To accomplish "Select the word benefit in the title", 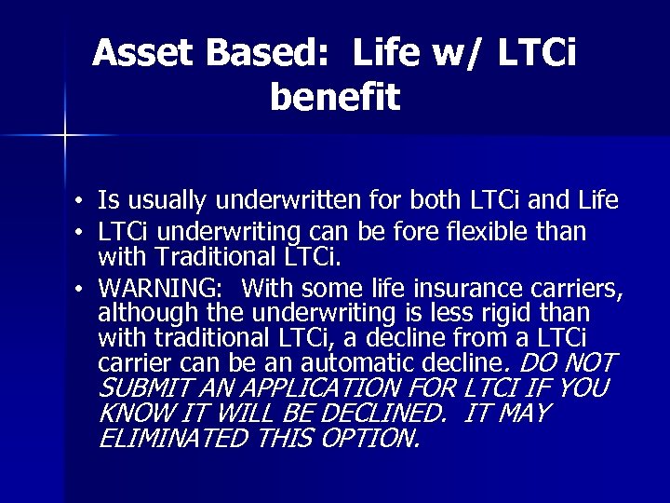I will (x=335, y=96).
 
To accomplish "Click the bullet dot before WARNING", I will (x=83, y=286).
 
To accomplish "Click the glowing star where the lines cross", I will (x=65, y=136).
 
